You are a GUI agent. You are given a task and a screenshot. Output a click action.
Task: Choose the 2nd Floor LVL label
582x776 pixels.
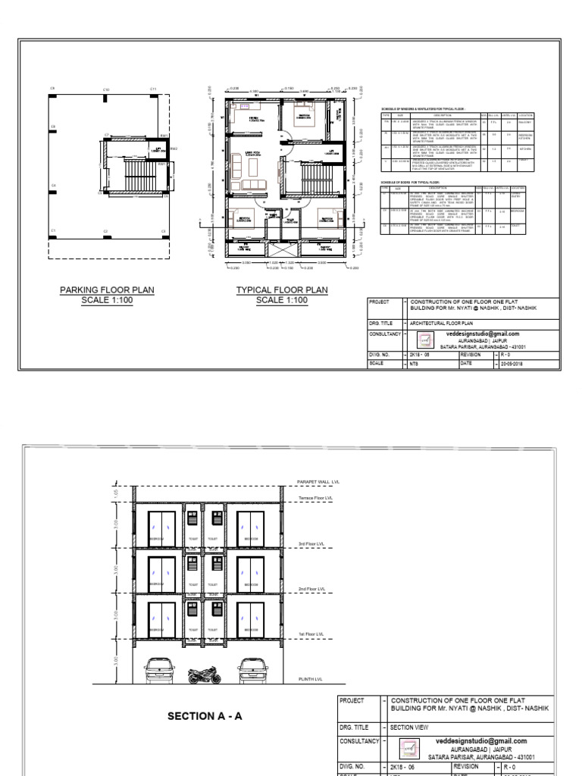(x=311, y=588)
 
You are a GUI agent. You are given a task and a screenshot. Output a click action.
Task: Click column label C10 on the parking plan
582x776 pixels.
(x=106, y=90)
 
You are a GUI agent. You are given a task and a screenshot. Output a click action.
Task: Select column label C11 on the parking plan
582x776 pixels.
(x=152, y=89)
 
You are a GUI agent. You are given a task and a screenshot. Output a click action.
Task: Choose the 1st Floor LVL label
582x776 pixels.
(x=310, y=634)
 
